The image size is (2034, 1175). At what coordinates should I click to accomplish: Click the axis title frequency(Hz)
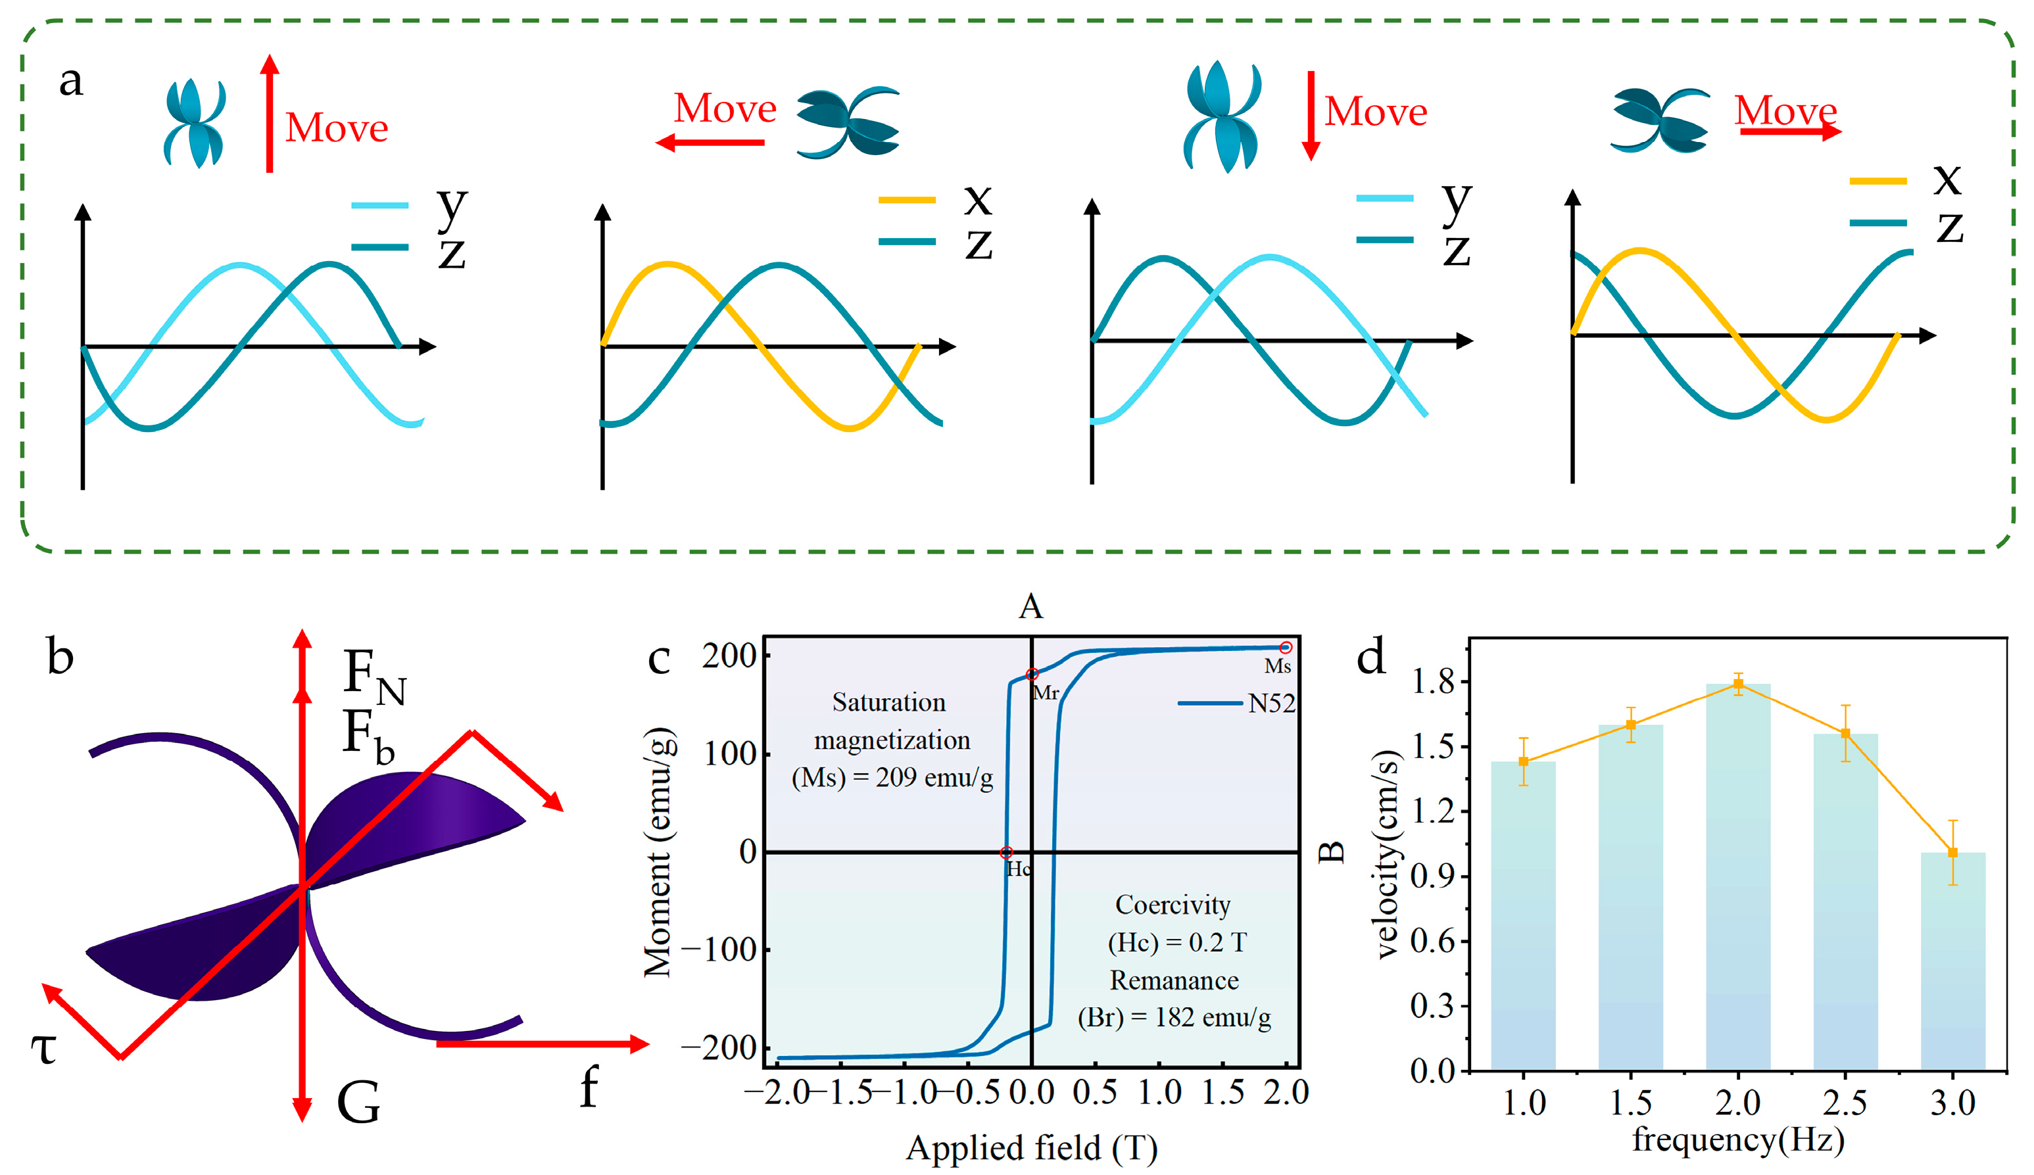1738,1139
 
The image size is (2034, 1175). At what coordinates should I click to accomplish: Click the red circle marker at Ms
1286,647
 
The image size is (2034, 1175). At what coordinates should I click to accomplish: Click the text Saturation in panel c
888,702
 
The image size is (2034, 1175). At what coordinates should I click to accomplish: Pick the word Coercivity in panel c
1173,905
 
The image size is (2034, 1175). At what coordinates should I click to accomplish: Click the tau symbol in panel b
43,1049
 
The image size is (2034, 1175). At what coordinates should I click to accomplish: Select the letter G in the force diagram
358,1103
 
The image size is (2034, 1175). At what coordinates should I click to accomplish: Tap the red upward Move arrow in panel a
270,113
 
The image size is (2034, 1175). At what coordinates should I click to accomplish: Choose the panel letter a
71,81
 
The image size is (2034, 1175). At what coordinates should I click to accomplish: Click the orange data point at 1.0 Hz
1523,761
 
